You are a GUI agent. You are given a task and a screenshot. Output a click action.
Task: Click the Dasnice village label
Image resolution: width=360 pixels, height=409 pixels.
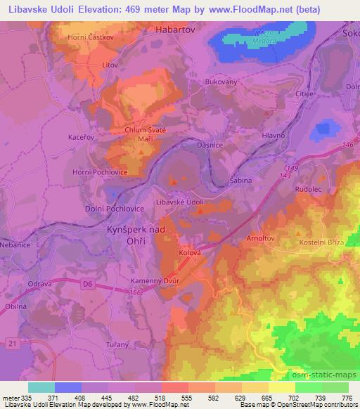click(x=210, y=144)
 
